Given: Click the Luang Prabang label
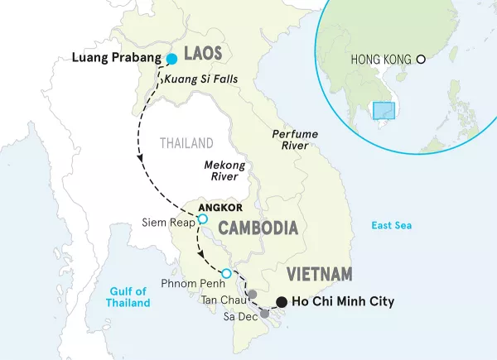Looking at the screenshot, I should tap(113, 59).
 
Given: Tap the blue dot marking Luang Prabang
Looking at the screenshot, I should tap(172, 59).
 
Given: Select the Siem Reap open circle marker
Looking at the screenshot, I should tap(201, 219).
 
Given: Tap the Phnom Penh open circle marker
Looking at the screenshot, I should tap(226, 273).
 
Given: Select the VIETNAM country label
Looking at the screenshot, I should tap(320, 274).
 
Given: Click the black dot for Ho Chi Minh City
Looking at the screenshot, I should tap(282, 302).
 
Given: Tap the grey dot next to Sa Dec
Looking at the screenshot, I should tap(265, 314).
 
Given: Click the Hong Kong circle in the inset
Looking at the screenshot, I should tap(421, 60).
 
